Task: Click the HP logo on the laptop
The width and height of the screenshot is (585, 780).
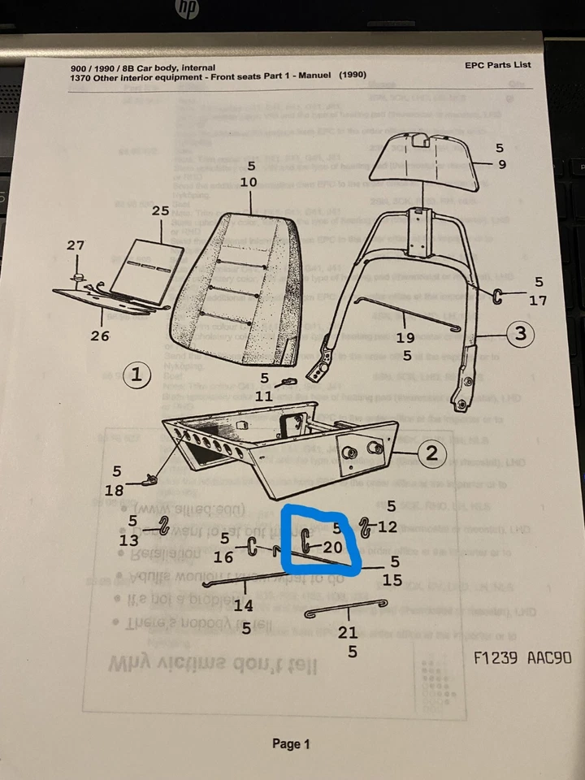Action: click(x=189, y=9)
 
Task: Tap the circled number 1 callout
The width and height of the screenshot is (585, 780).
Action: click(x=137, y=375)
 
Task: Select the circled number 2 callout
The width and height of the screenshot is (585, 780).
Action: click(x=431, y=453)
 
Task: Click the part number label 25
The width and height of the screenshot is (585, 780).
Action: click(x=160, y=210)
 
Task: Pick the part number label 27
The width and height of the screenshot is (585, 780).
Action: click(x=75, y=245)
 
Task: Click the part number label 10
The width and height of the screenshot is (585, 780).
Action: click(x=249, y=183)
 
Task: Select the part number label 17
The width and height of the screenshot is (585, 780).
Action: click(x=539, y=300)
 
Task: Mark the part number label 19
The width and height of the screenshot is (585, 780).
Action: click(x=405, y=337)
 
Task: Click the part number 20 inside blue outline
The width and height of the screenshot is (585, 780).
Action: click(x=331, y=548)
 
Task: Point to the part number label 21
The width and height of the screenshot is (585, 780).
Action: click(x=348, y=633)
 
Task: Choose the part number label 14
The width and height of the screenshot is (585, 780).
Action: click(x=243, y=605)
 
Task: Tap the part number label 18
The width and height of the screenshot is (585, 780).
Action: click(x=116, y=490)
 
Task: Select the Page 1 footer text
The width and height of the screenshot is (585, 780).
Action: click(x=291, y=743)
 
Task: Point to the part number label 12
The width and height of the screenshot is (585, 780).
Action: click(x=388, y=526)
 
